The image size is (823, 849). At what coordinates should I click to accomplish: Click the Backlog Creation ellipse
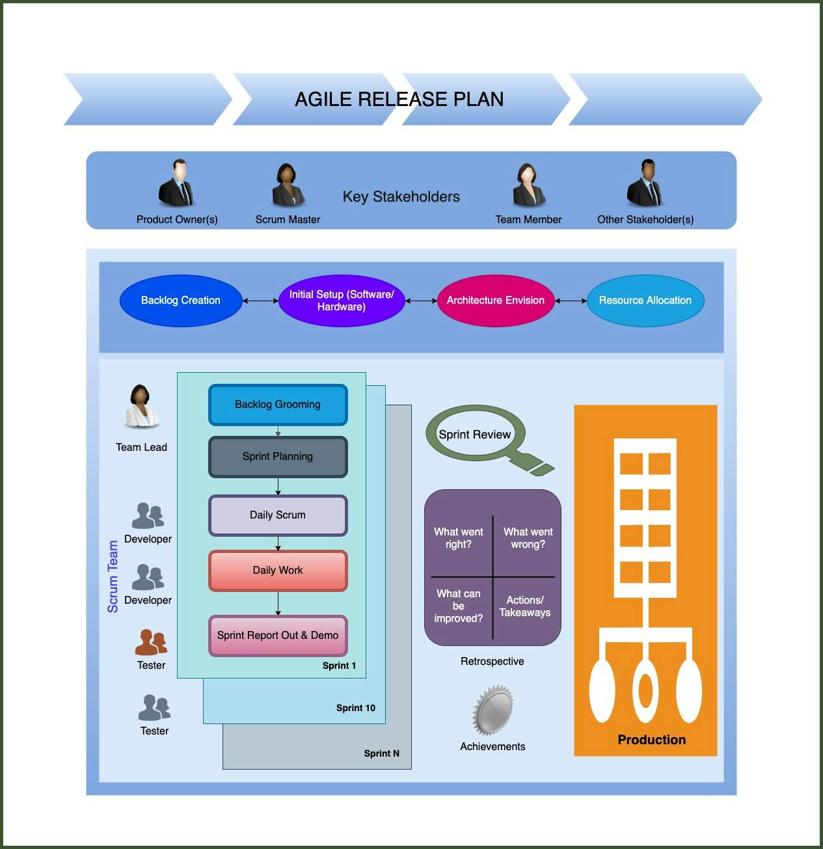pos(181,301)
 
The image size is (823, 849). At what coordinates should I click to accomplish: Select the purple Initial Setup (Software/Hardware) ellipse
pos(342,301)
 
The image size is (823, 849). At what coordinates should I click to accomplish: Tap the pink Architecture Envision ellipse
pos(496,301)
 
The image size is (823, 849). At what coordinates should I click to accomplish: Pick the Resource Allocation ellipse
pos(645,301)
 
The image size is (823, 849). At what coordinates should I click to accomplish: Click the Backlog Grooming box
pos(278,405)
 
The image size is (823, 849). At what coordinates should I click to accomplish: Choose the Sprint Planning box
pos(278,457)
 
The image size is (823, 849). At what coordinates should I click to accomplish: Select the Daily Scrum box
pos(278,515)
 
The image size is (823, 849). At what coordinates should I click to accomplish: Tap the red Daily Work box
pos(278,571)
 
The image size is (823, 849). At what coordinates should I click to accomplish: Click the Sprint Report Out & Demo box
pos(278,636)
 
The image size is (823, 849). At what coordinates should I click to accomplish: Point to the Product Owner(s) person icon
pos(176,184)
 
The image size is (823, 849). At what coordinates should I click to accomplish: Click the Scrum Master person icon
pos(288,185)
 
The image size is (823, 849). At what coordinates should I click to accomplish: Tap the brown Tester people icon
pos(151,642)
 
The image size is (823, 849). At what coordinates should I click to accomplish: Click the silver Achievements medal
pos(493,710)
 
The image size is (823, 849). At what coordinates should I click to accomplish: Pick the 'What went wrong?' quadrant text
pos(528,538)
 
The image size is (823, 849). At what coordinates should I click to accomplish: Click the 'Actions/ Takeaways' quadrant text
pos(525,606)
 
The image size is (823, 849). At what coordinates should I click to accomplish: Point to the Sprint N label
pos(382,753)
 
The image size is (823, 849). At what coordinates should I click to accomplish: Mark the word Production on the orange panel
pos(651,740)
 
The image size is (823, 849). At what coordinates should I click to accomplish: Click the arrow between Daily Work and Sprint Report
pos(278,603)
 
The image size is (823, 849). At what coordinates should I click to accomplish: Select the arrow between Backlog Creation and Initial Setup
pos(260,301)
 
